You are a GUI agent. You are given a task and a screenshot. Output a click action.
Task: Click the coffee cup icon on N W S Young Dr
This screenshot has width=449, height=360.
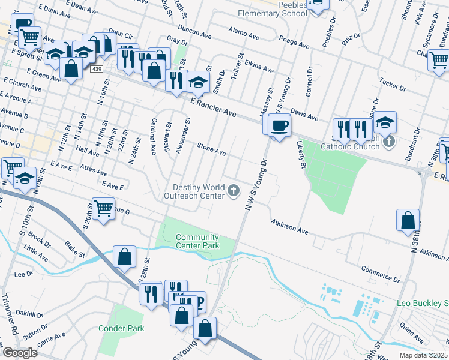[279, 126]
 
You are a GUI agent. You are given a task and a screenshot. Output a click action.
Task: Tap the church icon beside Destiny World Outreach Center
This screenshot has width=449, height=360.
[234, 191]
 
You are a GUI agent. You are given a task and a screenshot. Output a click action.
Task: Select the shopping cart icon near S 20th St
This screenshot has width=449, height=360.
[104, 209]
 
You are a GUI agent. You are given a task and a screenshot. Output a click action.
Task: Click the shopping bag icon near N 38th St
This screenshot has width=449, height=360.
[408, 220]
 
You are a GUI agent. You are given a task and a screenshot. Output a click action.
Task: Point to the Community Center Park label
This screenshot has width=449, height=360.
[197, 241]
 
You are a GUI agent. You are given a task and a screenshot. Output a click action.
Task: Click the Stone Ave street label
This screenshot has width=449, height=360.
[212, 149]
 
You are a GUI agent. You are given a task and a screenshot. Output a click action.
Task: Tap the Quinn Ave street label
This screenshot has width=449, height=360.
[411, 328]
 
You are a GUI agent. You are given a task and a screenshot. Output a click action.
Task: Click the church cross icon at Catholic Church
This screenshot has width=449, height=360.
[390, 142]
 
